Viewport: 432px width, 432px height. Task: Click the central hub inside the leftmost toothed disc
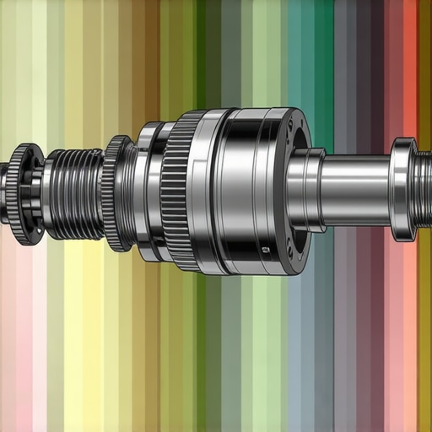(x=22, y=194)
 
